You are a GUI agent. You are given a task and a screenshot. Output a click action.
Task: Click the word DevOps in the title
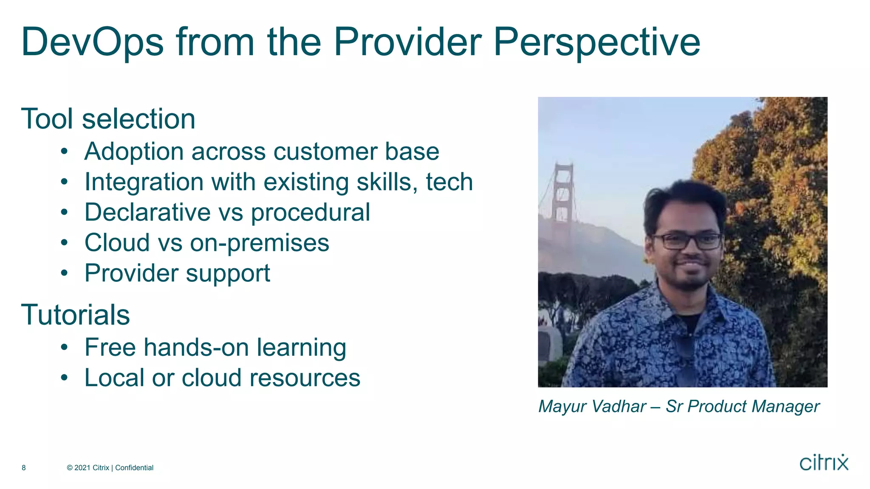pyautogui.click(x=92, y=42)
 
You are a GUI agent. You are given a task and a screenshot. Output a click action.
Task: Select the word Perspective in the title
pyautogui.click(x=596, y=42)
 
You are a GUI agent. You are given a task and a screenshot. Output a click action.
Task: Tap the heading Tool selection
pyautogui.click(x=108, y=119)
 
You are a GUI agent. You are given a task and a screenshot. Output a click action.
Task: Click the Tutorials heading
pyautogui.click(x=75, y=315)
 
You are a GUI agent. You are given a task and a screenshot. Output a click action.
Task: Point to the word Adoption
pyautogui.click(x=134, y=152)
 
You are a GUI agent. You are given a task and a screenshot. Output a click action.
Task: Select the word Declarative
pyautogui.click(x=147, y=212)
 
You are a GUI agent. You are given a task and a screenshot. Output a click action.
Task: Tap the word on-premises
pyautogui.click(x=259, y=243)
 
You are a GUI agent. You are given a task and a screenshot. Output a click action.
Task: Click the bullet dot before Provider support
pyautogui.click(x=64, y=273)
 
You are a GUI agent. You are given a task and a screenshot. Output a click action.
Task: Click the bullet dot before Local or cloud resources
pyautogui.click(x=64, y=377)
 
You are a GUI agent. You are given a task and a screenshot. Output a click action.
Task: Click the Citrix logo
pyautogui.click(x=824, y=462)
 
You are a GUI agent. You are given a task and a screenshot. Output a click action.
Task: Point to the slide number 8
pyautogui.click(x=24, y=468)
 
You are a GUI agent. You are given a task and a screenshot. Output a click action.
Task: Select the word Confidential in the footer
pyautogui.click(x=134, y=468)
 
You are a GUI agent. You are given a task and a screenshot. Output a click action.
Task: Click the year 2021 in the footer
pyautogui.click(x=82, y=468)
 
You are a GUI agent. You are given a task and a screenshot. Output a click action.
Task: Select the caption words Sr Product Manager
pyautogui.click(x=742, y=407)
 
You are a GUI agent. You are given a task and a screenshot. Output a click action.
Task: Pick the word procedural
pyautogui.click(x=310, y=213)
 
